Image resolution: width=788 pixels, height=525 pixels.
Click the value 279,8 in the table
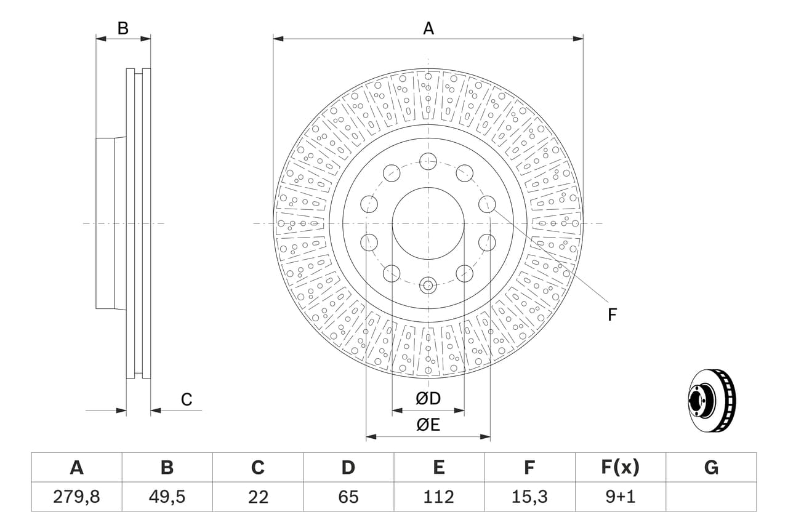[77, 497]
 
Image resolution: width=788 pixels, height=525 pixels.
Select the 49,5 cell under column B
[167, 497]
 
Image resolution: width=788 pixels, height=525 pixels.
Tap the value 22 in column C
[258, 497]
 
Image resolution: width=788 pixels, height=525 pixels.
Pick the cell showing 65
[348, 497]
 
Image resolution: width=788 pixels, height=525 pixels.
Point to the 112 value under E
[439, 497]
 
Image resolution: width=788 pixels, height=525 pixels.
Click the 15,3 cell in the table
[529, 497]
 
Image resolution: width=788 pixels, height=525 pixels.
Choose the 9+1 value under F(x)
[620, 497]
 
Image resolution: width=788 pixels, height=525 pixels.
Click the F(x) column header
[620, 467]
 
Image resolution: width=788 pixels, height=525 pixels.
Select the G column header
[711, 467]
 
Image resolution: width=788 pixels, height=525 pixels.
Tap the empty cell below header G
[711, 497]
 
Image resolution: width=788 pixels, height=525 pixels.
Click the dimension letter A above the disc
[428, 28]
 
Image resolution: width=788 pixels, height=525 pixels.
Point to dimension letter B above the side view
[123, 28]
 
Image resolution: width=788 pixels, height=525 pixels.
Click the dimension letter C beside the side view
[187, 399]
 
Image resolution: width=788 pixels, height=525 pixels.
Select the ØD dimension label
[428, 398]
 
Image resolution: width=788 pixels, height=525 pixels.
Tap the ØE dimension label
[428, 425]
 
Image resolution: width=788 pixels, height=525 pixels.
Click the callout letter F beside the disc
[612, 315]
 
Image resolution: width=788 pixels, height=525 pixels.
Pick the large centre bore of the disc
[428, 223]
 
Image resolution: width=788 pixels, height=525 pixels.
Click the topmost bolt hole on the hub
[428, 161]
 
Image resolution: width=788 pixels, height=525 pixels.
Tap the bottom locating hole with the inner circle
[428, 285]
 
